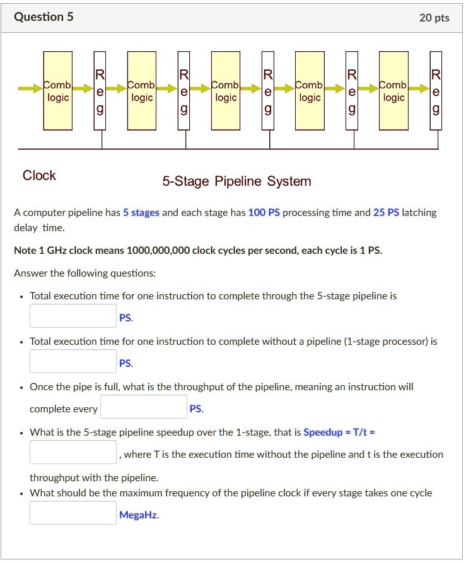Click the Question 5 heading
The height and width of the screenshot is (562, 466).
(44, 17)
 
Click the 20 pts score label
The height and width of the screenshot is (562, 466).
(434, 18)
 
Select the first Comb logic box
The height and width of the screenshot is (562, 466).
(58, 91)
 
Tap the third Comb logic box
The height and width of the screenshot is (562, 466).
(226, 91)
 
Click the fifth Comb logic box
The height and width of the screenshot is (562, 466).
(393, 91)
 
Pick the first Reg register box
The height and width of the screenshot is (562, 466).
(100, 92)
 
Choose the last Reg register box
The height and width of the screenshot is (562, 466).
(435, 92)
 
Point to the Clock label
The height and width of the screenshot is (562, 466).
(39, 176)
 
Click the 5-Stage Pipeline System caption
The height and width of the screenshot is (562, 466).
(236, 182)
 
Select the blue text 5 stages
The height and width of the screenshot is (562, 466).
(141, 213)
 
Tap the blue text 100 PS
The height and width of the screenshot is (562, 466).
(264, 213)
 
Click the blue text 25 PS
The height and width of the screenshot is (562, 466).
(386, 213)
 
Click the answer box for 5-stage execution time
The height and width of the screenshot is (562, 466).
(73, 316)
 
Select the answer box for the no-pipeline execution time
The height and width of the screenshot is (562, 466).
(73, 361)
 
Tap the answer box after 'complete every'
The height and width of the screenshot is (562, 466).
(144, 407)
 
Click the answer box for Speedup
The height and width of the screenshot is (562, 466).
(73, 452)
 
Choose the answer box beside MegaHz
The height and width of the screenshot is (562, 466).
(73, 513)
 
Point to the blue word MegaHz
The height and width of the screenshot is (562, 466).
(139, 515)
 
